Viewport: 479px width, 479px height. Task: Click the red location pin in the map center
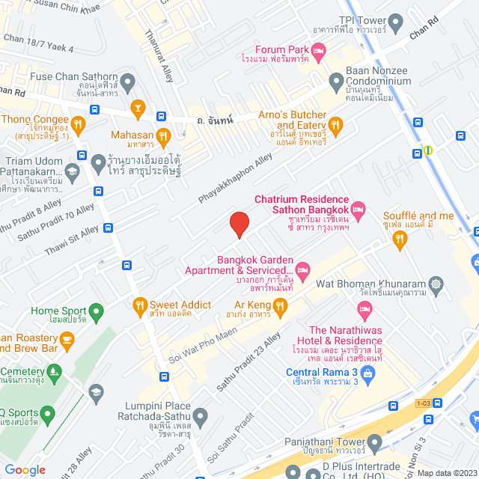click(x=239, y=224)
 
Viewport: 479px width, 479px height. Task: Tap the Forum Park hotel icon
click(x=319, y=51)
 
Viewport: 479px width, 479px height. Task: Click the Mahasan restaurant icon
click(x=164, y=135)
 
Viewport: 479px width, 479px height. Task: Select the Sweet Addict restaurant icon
click(x=139, y=305)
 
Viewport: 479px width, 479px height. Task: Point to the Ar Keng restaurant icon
click(x=280, y=305)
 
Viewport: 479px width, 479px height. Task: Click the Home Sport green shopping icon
click(x=95, y=311)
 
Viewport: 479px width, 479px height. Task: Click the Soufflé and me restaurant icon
click(x=400, y=238)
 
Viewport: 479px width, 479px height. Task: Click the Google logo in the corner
click(x=25, y=469)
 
